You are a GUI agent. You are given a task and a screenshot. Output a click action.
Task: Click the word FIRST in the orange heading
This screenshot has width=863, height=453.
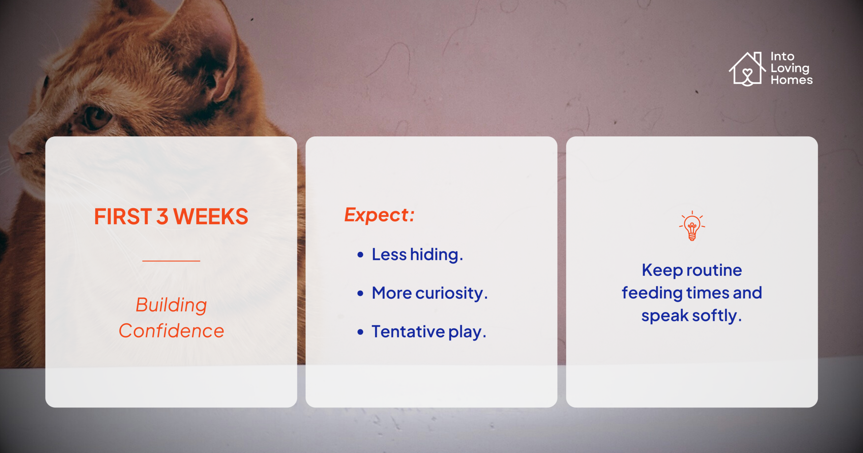[x=123, y=216]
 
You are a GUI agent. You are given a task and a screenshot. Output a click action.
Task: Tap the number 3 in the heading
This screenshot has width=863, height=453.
[x=162, y=216]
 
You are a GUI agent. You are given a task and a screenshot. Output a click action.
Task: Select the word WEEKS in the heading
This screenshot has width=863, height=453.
[x=211, y=216]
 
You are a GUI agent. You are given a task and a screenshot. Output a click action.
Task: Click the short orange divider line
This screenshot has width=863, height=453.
[x=171, y=261]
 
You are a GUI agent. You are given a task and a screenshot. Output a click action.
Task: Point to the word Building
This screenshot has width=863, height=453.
[x=171, y=305]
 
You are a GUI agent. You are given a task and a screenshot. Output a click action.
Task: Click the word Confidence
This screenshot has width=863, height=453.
[x=171, y=331]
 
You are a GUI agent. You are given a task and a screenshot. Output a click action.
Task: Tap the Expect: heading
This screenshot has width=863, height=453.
[x=379, y=215]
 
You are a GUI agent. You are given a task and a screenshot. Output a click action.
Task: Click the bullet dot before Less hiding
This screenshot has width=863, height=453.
[x=360, y=255]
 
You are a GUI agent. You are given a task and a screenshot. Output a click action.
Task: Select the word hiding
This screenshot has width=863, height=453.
[x=437, y=255]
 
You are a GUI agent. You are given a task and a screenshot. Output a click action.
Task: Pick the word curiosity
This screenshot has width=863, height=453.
[x=451, y=293]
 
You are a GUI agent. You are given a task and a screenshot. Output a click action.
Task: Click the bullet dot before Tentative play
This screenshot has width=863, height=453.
[x=360, y=332]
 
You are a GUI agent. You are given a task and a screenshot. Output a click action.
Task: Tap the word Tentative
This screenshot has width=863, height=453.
[x=408, y=331]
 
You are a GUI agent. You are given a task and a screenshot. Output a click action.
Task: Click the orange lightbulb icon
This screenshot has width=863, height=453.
[x=692, y=226]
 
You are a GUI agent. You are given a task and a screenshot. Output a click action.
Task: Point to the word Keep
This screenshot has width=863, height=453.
[x=662, y=270]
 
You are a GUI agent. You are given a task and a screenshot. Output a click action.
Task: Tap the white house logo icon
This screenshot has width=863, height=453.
[x=747, y=69]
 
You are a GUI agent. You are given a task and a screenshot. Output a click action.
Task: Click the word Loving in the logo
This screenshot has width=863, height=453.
[x=790, y=68]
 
